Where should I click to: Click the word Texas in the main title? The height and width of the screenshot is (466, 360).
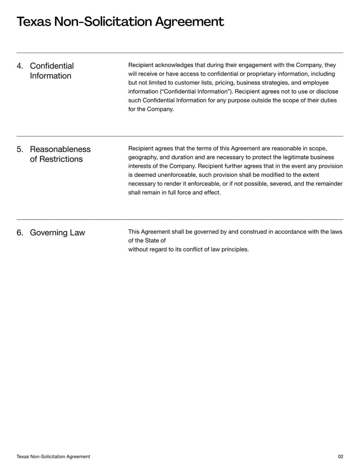click(33, 22)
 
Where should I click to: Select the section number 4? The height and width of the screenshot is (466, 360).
click(20, 66)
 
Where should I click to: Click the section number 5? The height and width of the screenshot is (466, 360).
click(20, 149)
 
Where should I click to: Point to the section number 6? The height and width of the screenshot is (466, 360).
click(20, 233)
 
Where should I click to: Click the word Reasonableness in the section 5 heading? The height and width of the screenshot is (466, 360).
click(60, 149)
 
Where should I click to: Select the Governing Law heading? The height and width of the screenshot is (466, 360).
click(57, 233)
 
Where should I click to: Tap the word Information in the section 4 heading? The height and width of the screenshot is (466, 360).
click(50, 76)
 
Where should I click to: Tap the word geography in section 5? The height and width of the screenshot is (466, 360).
click(142, 157)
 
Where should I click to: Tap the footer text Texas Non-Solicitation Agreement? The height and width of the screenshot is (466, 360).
click(53, 457)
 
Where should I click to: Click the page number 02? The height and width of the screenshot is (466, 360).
click(340, 457)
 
